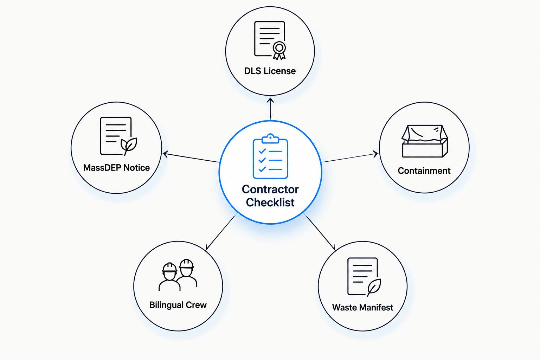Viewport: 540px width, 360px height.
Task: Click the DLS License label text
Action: (x=270, y=71)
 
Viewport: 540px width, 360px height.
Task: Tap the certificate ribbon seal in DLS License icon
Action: (x=279, y=50)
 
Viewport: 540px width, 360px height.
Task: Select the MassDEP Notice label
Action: (x=116, y=168)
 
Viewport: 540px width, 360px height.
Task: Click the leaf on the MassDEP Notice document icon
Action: (x=129, y=146)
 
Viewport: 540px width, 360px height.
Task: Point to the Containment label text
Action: (x=424, y=171)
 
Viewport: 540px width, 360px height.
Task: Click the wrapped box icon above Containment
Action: (x=425, y=141)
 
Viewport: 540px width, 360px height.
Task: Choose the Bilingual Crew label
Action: (x=178, y=305)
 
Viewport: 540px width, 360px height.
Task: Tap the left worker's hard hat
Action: (x=169, y=268)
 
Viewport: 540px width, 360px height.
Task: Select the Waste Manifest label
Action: (x=362, y=307)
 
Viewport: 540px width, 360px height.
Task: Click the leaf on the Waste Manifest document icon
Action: (x=374, y=287)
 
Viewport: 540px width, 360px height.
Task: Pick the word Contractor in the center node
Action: (x=270, y=189)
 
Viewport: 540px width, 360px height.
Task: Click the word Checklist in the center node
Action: (x=270, y=202)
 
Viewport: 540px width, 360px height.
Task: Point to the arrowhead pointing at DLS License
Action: (x=270, y=100)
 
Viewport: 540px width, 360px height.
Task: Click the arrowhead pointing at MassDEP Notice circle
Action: (x=165, y=154)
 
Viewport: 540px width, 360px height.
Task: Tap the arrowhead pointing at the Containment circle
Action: (x=375, y=154)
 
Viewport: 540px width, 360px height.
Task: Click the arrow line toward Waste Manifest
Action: (x=320, y=232)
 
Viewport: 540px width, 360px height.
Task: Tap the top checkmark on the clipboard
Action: (x=262, y=151)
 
